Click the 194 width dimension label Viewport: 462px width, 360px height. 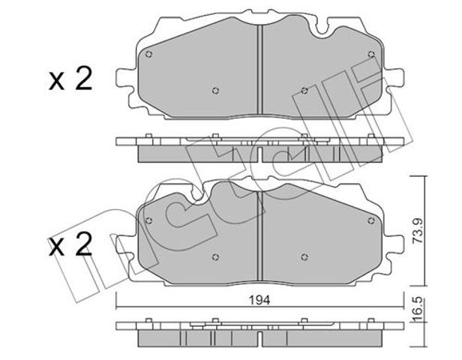point(259,300)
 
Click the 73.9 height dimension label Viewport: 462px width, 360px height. point(418,230)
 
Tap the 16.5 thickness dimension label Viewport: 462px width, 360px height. point(418,310)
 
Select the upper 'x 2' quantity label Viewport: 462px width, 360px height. point(70,78)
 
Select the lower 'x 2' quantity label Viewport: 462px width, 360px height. point(70,244)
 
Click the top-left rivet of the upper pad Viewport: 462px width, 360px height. point(148,54)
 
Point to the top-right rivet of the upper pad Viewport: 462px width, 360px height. point(371,54)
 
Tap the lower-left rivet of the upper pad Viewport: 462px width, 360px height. point(215,91)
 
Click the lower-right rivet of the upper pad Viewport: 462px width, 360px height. point(304,91)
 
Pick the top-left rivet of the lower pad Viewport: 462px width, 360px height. point(148,220)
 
